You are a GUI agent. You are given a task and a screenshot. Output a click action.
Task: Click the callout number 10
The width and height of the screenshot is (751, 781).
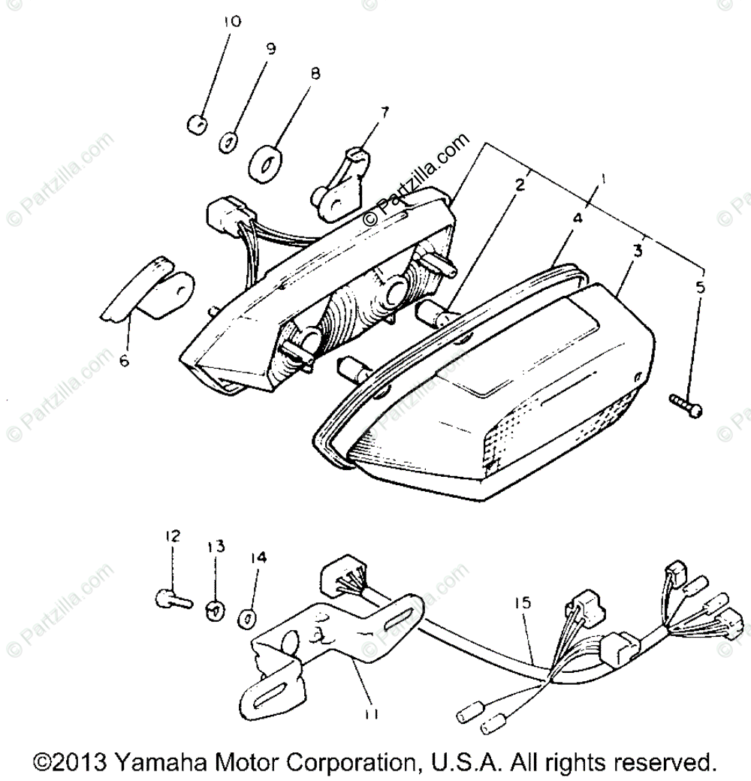[231, 22]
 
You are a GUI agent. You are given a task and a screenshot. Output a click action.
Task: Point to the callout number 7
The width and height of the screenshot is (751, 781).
[385, 113]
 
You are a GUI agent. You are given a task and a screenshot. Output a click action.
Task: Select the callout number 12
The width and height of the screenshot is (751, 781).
[173, 535]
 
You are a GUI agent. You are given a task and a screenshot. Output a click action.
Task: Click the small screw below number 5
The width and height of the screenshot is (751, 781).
[686, 406]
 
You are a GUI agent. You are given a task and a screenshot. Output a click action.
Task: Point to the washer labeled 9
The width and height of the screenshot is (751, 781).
[229, 141]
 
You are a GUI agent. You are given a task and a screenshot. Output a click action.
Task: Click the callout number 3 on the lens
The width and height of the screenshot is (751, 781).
[637, 251]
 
